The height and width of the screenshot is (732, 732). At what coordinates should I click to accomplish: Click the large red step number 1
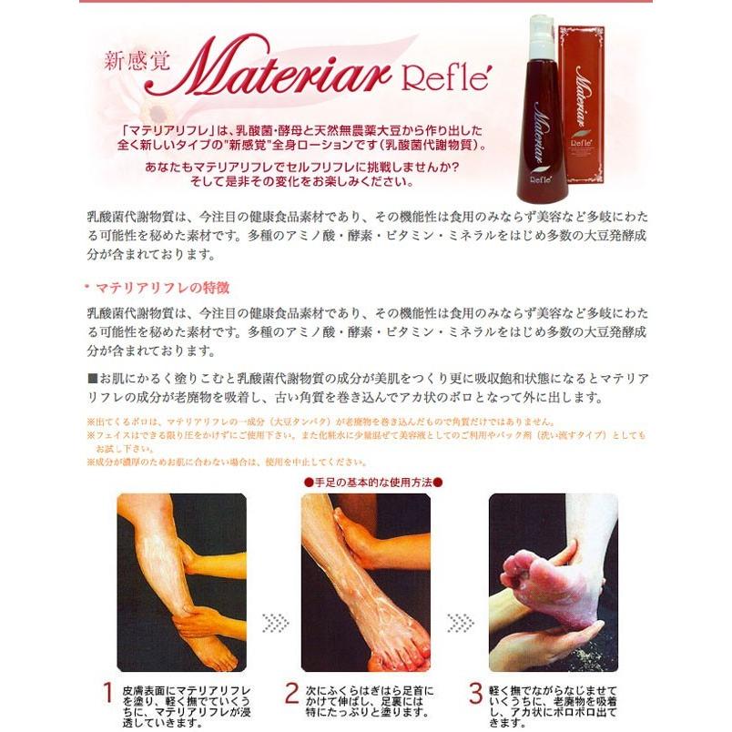[107, 693]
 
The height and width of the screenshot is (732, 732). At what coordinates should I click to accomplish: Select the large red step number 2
[290, 693]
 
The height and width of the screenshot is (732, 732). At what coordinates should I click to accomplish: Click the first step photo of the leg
[181, 582]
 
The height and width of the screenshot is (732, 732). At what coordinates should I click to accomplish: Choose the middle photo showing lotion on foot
[365, 582]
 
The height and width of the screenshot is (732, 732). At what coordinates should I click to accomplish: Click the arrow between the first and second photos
[274, 623]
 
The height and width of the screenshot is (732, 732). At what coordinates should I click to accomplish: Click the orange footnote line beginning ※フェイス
[364, 436]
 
